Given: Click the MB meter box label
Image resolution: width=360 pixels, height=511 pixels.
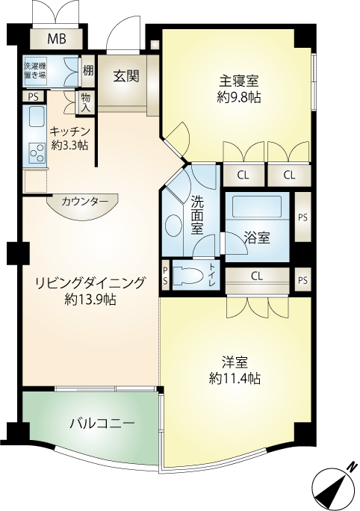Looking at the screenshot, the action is coord(57,38).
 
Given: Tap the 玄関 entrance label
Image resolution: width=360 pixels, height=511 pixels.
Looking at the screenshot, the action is coord(126,77).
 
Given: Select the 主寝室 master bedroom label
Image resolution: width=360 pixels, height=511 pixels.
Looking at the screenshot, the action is coord(239,81).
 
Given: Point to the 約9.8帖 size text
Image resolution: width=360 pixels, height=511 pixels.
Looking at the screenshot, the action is coord(239,96).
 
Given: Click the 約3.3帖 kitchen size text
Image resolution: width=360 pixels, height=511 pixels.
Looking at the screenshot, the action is coord(69,145).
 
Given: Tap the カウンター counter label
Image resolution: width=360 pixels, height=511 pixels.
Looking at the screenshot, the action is coord(84,202).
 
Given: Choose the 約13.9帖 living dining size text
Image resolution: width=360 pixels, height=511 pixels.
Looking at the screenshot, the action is coord(90,299).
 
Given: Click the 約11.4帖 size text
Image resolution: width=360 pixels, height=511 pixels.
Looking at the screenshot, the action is coord(235,378).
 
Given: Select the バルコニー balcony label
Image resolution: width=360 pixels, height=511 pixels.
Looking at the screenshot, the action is coord(102,424).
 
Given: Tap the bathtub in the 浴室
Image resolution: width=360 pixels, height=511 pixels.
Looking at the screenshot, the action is coord(256,206).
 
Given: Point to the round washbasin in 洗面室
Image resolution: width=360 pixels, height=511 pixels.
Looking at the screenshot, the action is coord(173,226).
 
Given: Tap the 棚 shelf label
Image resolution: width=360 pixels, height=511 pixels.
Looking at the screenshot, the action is coord(87,71).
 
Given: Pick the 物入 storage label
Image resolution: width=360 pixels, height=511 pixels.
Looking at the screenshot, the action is coord(86,102).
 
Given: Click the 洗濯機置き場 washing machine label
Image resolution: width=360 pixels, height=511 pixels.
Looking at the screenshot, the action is coord(35,70).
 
